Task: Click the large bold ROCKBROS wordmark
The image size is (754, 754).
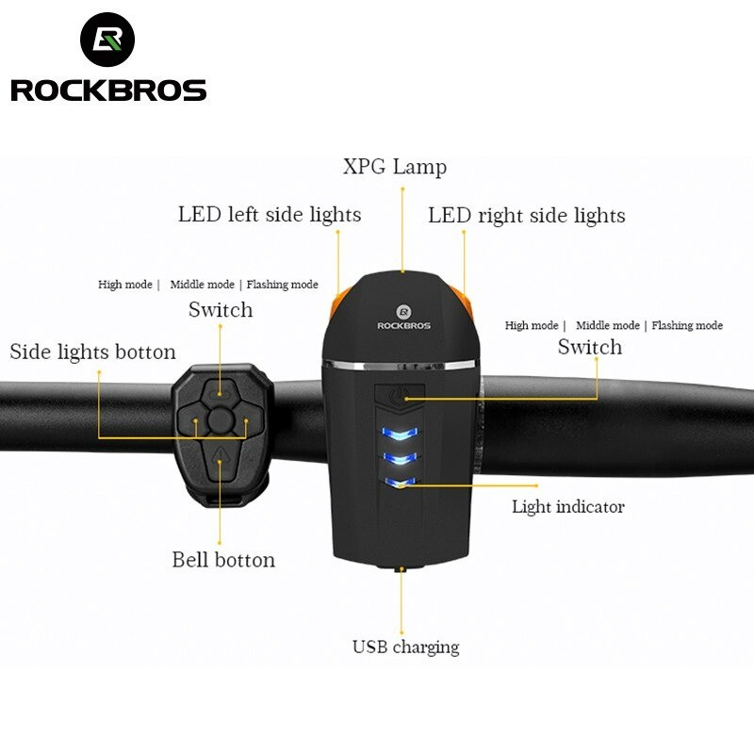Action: coord(108,90)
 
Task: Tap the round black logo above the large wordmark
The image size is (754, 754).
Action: coord(107,40)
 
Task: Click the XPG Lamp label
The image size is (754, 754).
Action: coord(394,168)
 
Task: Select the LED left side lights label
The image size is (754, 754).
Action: coord(270,215)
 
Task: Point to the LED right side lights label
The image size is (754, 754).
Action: coord(526,216)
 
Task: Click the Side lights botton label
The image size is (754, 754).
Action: coord(92,352)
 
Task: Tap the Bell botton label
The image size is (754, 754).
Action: coord(223,560)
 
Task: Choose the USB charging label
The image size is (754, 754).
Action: coord(405,647)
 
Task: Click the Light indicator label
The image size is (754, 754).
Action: coord(567,507)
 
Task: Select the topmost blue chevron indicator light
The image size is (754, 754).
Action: coord(400,435)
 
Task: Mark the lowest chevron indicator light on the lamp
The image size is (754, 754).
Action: coord(400,484)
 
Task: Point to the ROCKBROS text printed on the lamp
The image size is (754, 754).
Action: coord(402,325)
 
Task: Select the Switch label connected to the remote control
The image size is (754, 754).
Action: coord(221,310)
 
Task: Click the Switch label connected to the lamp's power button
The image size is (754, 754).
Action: coord(590,348)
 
